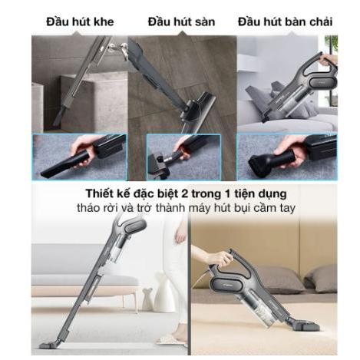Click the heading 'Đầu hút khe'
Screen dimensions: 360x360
(80, 21)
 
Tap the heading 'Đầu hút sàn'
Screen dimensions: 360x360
(181, 21)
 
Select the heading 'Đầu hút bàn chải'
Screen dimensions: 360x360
(286, 21)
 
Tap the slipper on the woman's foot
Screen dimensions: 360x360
(170, 339)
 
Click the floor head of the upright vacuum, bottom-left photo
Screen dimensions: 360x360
(51, 345)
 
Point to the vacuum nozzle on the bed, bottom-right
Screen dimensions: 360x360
(308, 325)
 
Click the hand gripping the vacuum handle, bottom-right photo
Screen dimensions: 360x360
(221, 259)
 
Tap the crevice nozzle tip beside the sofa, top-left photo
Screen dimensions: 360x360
(58, 117)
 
